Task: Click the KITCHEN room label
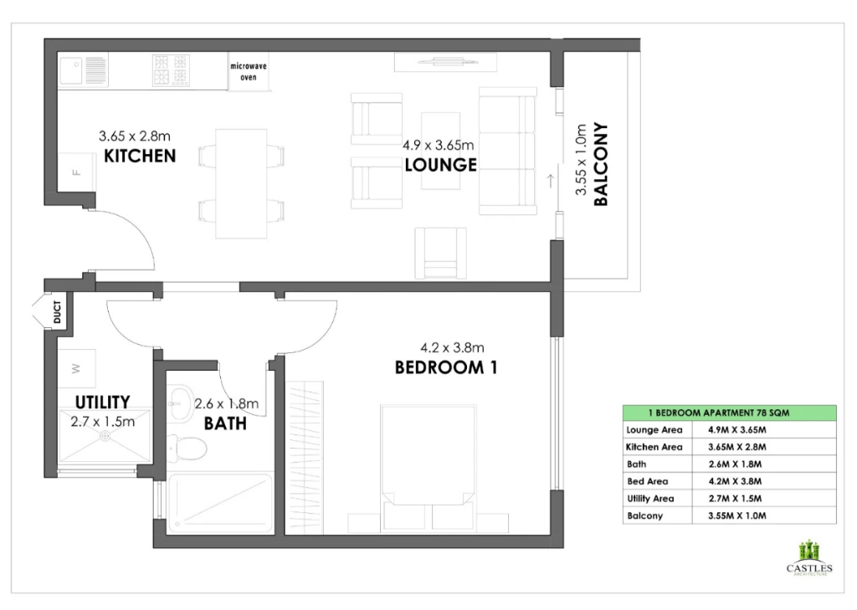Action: [x=140, y=156]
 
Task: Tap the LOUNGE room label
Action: [x=440, y=165]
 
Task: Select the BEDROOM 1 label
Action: [x=446, y=367]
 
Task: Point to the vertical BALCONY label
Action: [x=601, y=164]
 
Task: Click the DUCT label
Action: [x=58, y=312]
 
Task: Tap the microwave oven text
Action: [x=249, y=72]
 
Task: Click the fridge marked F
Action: [x=77, y=172]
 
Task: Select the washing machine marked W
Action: [x=76, y=368]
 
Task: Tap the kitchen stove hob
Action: [x=171, y=70]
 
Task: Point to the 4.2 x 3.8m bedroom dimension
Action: [x=452, y=347]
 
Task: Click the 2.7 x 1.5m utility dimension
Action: [x=103, y=422]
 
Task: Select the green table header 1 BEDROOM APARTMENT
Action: [x=729, y=413]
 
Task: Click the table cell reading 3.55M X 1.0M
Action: [x=736, y=515]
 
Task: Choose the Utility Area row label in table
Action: [x=650, y=499]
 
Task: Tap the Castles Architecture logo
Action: [x=809, y=557]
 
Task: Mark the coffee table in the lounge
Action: [x=440, y=151]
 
